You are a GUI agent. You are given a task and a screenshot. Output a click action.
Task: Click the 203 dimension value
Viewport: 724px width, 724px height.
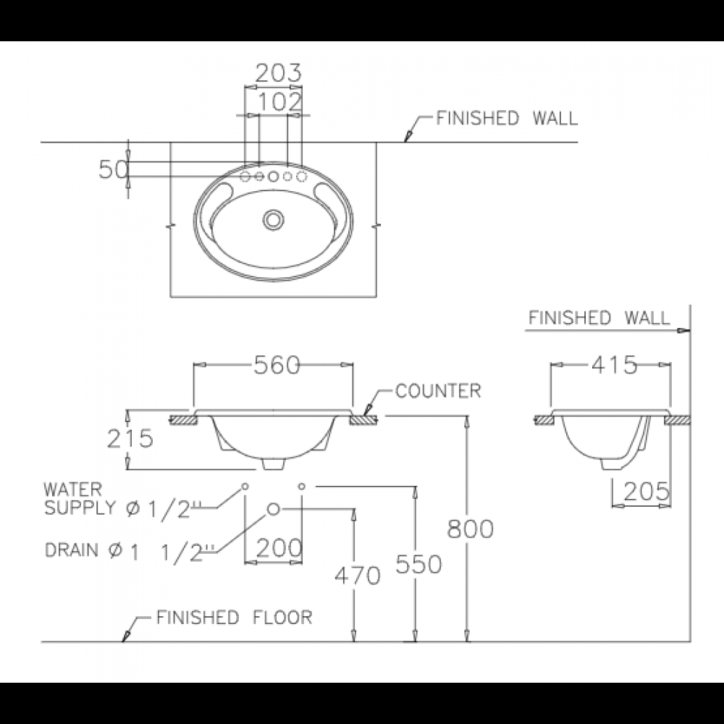278,72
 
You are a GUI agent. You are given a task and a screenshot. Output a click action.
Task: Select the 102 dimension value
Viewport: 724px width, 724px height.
278,101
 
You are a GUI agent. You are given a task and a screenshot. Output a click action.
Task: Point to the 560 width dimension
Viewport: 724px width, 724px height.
276,366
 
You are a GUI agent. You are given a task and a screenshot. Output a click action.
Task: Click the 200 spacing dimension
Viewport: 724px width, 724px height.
278,548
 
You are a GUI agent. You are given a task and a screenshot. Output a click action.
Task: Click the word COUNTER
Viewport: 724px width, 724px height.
438,392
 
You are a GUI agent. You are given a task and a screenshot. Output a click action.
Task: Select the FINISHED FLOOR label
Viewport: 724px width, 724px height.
234,618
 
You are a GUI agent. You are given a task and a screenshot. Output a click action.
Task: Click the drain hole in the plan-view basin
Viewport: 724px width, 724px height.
274,218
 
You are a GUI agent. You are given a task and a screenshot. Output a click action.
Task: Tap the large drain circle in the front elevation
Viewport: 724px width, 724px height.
274,509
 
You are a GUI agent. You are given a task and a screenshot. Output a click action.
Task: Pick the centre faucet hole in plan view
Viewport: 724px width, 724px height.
274,176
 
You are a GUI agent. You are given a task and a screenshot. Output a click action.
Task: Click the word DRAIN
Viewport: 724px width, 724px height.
72,550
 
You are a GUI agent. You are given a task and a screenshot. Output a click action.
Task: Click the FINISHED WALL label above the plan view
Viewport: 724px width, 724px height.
507,118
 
